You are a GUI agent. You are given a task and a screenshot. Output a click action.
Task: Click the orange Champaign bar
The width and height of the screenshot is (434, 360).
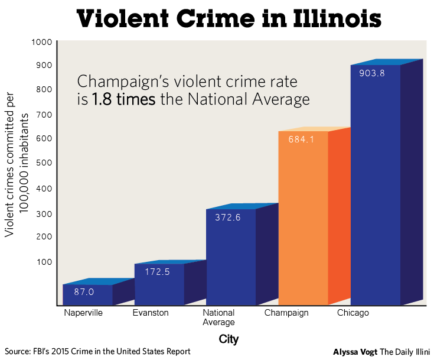click(302, 219)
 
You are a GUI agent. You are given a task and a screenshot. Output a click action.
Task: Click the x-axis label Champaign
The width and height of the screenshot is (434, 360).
click(286, 313)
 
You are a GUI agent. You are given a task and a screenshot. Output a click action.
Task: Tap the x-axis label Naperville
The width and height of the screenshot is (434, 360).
click(83, 313)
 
